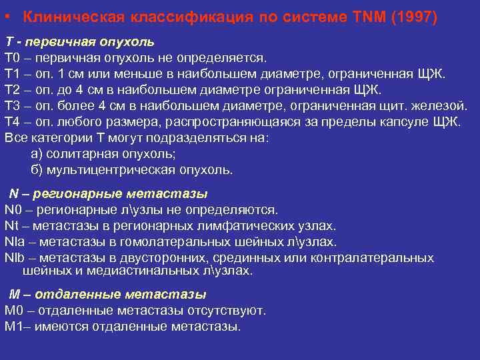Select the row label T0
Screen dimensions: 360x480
(x=13, y=58)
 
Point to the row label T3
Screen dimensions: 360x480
(x=13, y=106)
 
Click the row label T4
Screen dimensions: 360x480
(x=13, y=122)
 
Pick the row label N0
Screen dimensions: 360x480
(x=14, y=210)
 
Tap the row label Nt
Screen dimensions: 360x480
(x=12, y=226)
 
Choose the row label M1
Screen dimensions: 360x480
(x=14, y=327)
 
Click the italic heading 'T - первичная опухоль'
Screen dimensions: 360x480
(x=79, y=42)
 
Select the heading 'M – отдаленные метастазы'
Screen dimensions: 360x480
(x=107, y=295)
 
